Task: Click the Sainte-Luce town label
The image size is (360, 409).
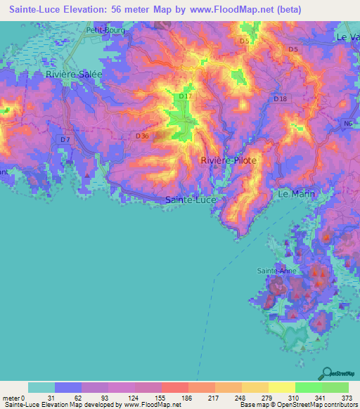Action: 191,200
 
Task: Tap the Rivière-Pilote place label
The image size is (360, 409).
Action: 229,161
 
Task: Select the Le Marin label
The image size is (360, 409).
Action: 296,193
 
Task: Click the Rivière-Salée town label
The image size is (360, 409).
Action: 73,74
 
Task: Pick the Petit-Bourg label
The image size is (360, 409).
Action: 103,30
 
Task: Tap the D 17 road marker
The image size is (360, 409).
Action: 186,96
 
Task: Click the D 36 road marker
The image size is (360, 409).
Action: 141,136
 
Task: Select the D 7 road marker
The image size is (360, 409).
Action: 65,140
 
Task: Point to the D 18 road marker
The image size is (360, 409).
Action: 280,100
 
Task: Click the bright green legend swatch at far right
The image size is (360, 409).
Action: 335,387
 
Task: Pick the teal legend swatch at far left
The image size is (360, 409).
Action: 41,387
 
